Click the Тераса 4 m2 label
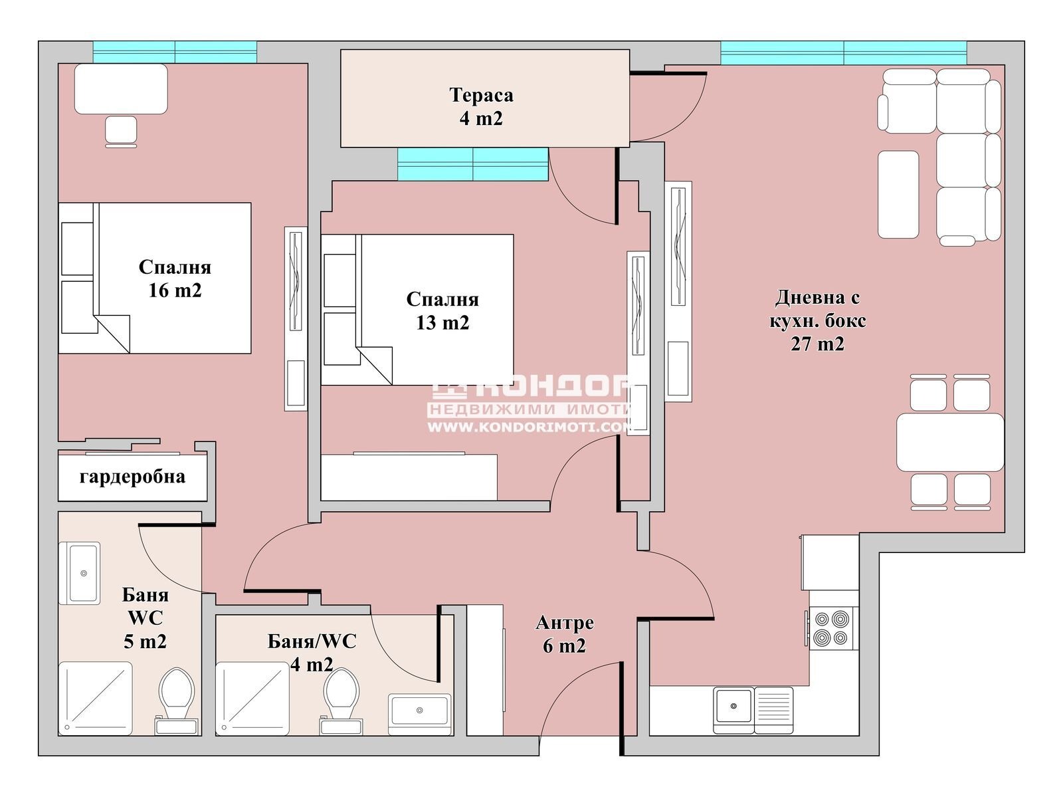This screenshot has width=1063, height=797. (x=481, y=106)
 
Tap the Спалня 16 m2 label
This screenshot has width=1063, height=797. (x=175, y=279)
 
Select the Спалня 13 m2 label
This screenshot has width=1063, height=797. (x=442, y=311)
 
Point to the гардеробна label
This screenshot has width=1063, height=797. (x=132, y=477)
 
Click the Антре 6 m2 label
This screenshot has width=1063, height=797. (x=565, y=634)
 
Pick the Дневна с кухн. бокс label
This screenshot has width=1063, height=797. (x=817, y=320)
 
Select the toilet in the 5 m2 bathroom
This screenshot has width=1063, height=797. (x=177, y=695)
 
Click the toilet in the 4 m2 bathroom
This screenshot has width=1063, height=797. (x=341, y=695)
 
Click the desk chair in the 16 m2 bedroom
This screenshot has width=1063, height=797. (x=121, y=131)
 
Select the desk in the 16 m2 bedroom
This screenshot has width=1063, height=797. (x=121, y=89)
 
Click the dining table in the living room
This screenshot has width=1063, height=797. (x=949, y=442)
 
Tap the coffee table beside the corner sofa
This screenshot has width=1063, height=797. (x=898, y=194)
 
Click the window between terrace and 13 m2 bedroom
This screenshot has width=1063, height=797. (x=473, y=164)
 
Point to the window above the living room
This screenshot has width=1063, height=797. (x=843, y=53)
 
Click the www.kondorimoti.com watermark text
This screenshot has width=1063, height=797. (x=528, y=427)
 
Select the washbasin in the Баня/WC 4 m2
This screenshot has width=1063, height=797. (x=420, y=711)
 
